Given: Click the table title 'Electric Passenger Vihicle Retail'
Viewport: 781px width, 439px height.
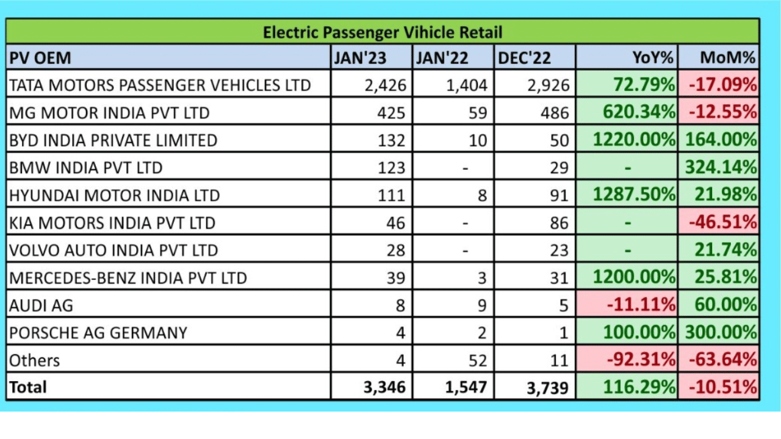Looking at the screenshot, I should point(383,32).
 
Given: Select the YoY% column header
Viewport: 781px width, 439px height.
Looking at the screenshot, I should point(653,58).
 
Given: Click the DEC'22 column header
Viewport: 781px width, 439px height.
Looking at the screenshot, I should point(524,58).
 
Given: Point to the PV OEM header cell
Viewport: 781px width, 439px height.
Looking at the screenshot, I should point(40,58).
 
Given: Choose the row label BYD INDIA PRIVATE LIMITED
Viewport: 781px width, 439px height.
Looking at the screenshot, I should point(113,140).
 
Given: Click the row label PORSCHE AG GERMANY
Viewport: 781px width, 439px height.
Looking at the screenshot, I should point(98,333).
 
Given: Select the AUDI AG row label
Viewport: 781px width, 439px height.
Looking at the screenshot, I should point(41,305).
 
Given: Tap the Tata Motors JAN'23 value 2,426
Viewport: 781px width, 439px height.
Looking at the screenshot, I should point(385,85).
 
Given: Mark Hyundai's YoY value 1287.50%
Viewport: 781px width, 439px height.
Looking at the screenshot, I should point(635,195).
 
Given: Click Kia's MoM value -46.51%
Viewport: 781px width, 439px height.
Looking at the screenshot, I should point(722,223).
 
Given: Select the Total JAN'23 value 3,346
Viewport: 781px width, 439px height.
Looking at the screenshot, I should point(385,387).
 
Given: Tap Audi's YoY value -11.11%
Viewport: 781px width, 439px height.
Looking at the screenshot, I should point(641,305).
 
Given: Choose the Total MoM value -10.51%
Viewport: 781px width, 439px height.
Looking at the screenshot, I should point(722,387).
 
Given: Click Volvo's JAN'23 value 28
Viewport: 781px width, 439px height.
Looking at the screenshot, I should point(395,251).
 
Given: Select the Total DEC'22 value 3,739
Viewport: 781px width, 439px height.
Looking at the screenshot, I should point(547,387).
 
